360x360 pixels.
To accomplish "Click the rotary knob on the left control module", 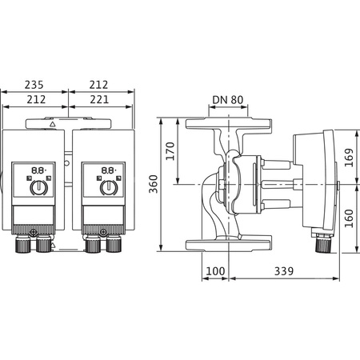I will (37, 189).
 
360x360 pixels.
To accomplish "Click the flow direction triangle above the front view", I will (54, 125).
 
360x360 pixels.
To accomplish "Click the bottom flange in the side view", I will (230, 243).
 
